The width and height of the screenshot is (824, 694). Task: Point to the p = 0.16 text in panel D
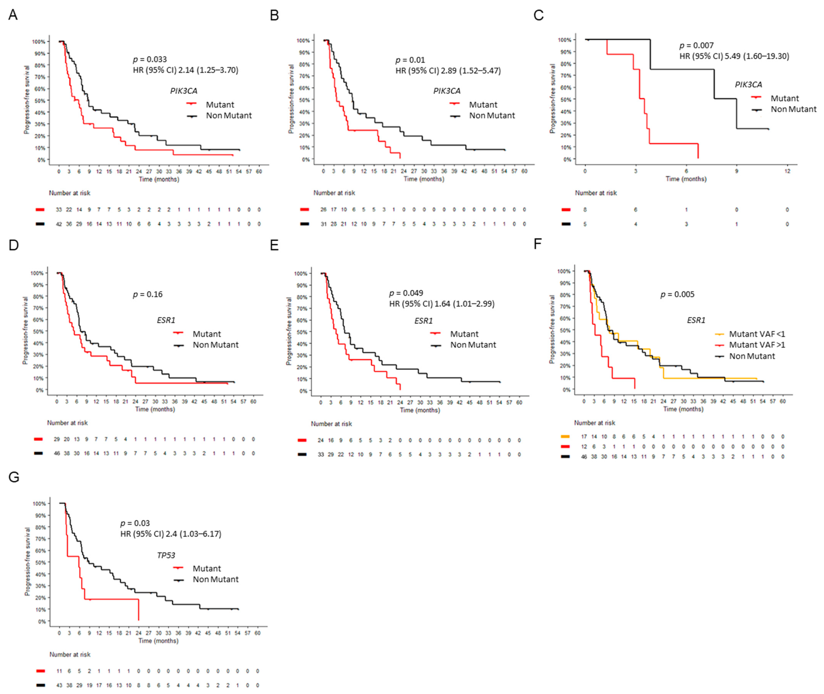tap(148, 294)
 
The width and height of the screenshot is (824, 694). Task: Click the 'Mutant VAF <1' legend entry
tap(757, 334)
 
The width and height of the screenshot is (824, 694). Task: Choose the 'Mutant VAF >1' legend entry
tap(757, 345)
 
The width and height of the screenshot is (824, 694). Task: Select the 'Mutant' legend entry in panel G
tap(207, 568)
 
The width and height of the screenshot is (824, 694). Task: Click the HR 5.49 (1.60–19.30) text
tap(734, 56)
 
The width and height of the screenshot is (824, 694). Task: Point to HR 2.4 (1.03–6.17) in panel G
tap(171, 534)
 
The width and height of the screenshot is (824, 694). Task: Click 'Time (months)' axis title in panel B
tap(424, 179)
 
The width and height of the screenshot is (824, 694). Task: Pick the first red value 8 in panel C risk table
tap(585, 210)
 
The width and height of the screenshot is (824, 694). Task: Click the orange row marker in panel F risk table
tap(565, 436)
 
